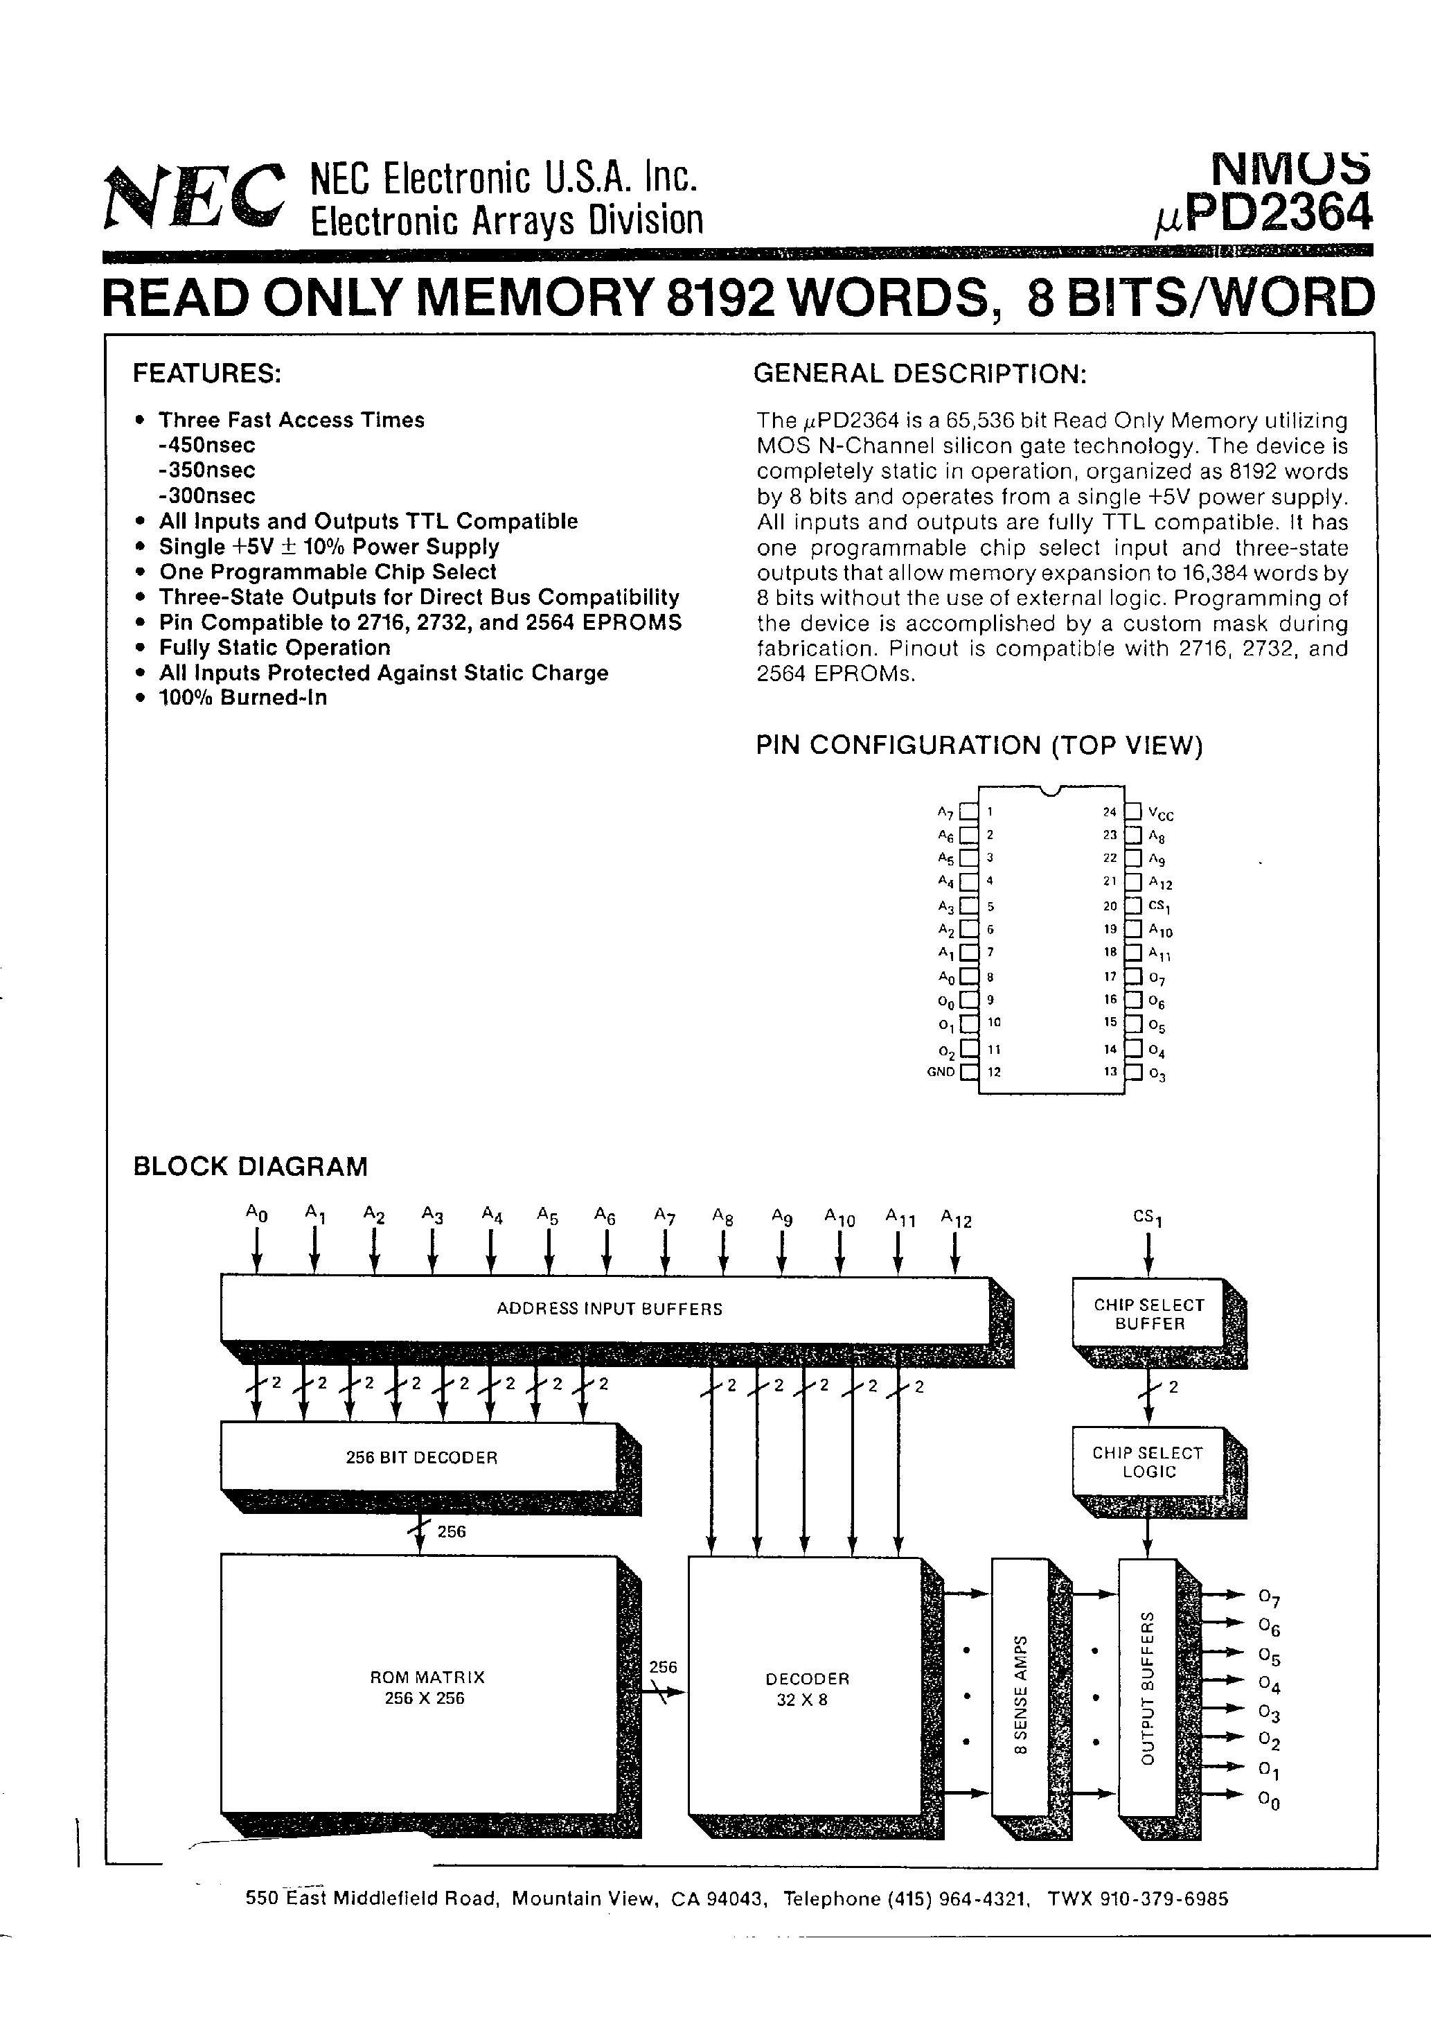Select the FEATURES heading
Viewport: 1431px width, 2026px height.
click(x=206, y=373)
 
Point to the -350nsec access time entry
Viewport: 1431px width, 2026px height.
click(x=207, y=470)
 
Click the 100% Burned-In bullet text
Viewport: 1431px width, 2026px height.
click(x=242, y=697)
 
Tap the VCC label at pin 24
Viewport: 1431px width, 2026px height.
click(x=1160, y=813)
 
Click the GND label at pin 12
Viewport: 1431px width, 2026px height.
click(x=941, y=1072)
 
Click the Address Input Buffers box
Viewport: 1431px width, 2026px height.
click(x=608, y=1310)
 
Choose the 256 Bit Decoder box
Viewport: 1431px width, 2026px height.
click(x=421, y=1458)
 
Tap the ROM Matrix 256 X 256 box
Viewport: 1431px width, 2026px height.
click(x=423, y=1687)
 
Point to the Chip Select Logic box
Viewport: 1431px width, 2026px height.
click(x=1148, y=1462)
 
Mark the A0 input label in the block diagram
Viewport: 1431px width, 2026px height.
click(x=256, y=1213)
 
